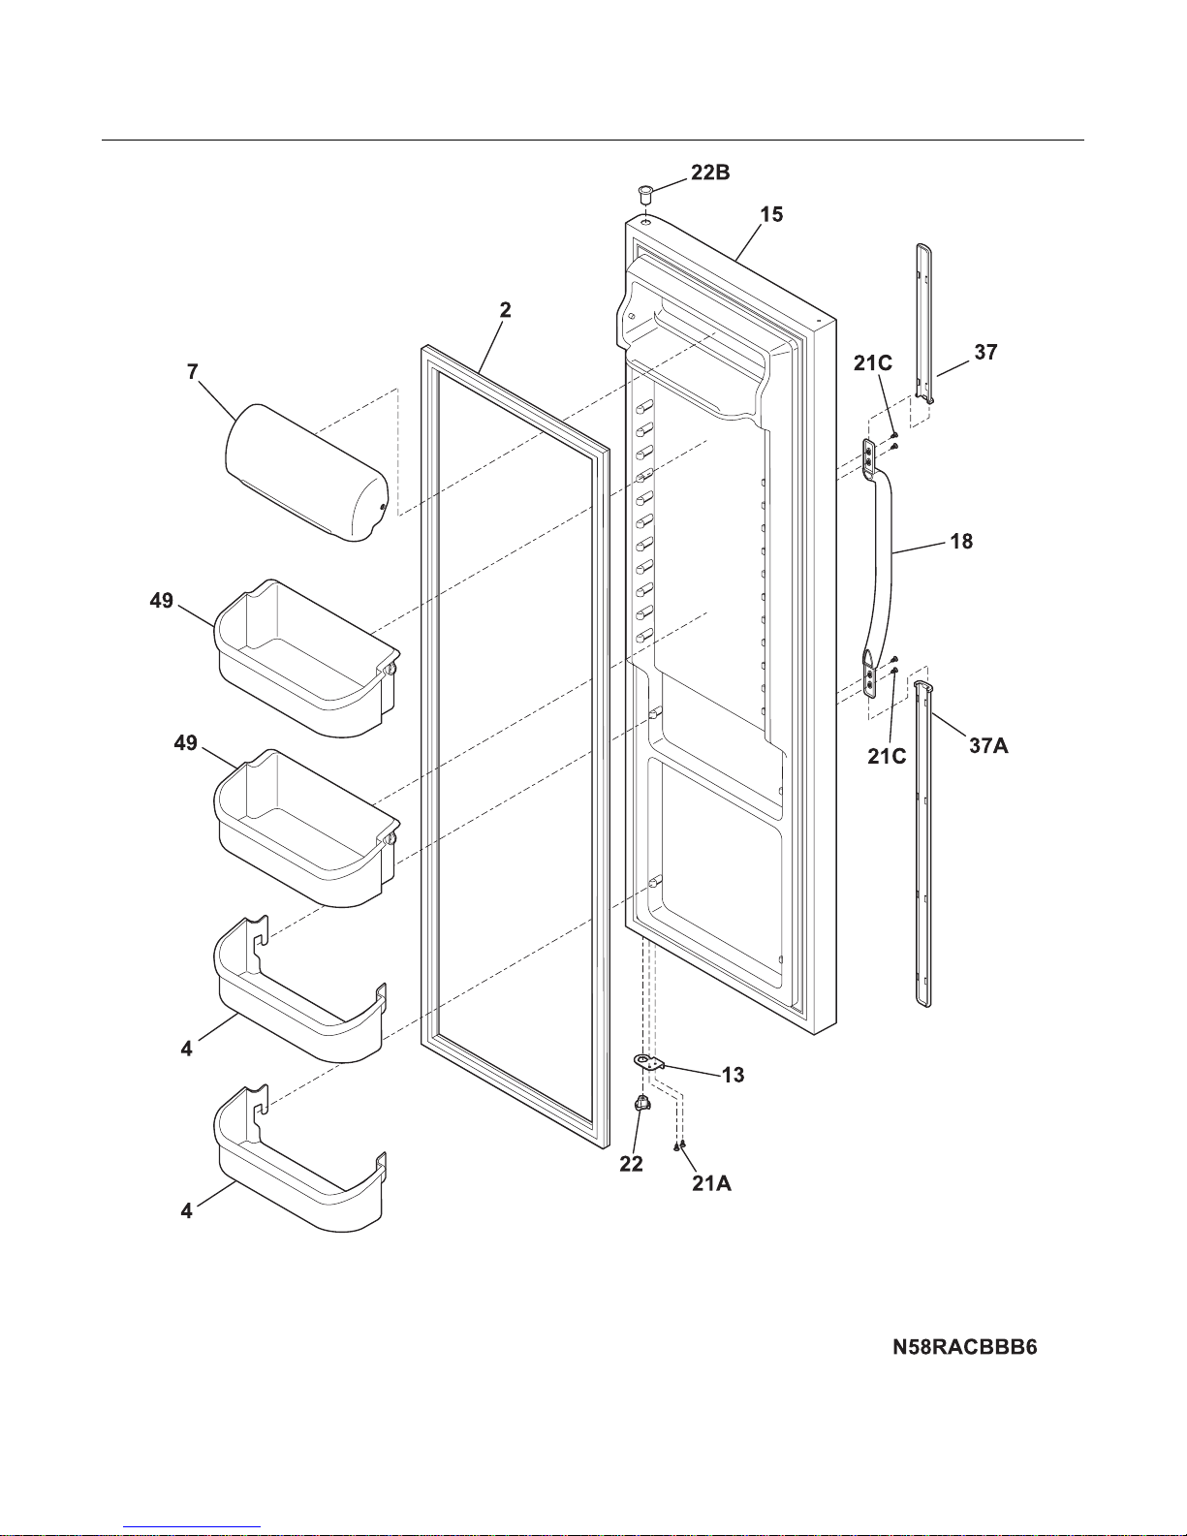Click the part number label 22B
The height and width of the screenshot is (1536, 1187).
click(710, 172)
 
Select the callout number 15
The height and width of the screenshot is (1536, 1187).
click(771, 214)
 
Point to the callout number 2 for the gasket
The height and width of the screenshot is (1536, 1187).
click(505, 309)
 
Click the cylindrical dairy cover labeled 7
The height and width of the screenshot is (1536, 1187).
click(306, 472)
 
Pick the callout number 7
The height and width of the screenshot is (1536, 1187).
click(192, 372)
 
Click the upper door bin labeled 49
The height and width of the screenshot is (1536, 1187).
click(306, 657)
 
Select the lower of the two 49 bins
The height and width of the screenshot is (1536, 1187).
click(306, 828)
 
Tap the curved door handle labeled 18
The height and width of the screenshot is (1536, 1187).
click(877, 570)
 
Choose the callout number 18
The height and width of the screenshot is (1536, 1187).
click(961, 542)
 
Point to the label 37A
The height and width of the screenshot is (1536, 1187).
click(988, 746)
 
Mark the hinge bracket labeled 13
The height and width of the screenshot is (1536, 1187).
click(649, 1061)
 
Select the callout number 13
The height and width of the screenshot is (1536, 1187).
click(733, 1075)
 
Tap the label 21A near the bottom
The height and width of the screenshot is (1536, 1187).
click(711, 1183)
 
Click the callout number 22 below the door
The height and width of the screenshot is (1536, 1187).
click(631, 1164)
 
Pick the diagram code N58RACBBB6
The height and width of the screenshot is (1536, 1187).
click(964, 1347)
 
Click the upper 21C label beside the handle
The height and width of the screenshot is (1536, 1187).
click(873, 363)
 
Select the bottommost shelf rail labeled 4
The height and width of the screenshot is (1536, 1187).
click(300, 1158)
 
